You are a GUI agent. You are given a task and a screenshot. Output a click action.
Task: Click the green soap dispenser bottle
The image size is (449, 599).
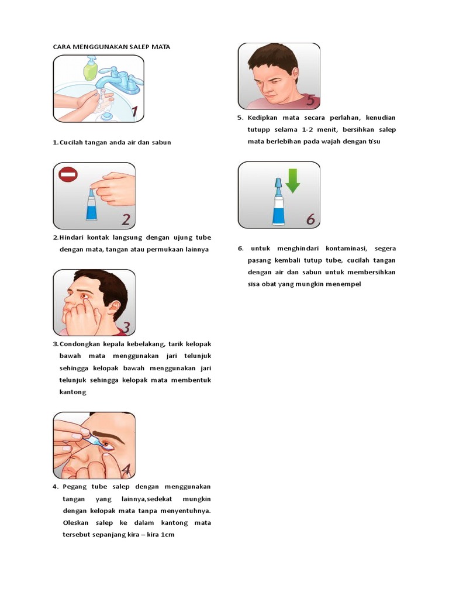[x=91, y=68]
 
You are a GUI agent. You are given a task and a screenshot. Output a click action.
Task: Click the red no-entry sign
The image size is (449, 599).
[x=68, y=175]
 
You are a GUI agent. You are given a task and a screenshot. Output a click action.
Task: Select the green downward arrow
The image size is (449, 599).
[x=293, y=181]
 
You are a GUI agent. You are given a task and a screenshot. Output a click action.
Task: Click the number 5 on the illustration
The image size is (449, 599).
[x=310, y=100]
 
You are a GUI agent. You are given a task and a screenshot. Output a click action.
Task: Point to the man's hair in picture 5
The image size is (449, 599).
[x=274, y=57]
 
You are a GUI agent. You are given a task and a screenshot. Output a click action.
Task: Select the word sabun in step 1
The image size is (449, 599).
[x=161, y=143]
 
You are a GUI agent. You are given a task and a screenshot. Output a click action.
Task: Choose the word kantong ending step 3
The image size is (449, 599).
[x=72, y=393]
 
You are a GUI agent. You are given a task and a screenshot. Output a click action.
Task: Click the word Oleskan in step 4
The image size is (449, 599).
[x=75, y=522]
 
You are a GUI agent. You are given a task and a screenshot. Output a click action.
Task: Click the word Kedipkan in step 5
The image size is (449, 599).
[x=263, y=118]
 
